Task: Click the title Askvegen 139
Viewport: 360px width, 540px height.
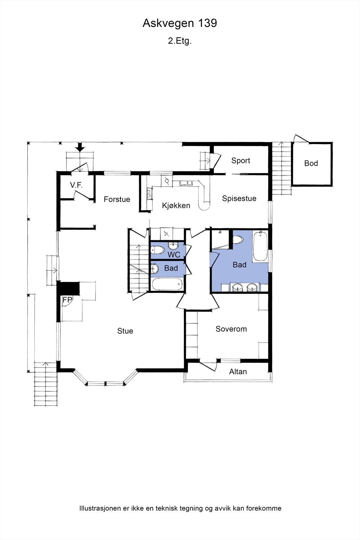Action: (x=180, y=23)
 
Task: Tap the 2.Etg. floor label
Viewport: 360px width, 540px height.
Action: (x=180, y=41)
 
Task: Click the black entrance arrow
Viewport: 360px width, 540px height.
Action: (x=80, y=147)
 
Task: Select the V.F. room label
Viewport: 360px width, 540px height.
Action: (x=76, y=185)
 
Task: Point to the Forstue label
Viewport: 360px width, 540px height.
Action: (x=117, y=199)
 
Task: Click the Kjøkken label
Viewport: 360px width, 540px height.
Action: (x=176, y=206)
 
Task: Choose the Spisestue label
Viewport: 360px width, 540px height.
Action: (x=239, y=198)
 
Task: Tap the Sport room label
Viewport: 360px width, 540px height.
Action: (x=241, y=161)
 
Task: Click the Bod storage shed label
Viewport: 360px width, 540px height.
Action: (x=311, y=163)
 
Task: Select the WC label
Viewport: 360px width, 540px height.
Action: (x=174, y=255)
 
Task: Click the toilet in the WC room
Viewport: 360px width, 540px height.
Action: (x=157, y=250)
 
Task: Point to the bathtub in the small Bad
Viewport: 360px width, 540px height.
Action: (x=167, y=284)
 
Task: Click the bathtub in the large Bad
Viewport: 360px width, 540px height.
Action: (x=260, y=246)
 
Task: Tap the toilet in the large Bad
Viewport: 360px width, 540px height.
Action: (x=239, y=240)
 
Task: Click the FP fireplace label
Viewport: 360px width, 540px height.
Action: (x=67, y=300)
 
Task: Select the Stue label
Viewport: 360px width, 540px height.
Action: (x=125, y=331)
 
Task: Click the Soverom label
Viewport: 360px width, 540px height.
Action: (x=231, y=329)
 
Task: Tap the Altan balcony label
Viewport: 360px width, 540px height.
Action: (x=238, y=372)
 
